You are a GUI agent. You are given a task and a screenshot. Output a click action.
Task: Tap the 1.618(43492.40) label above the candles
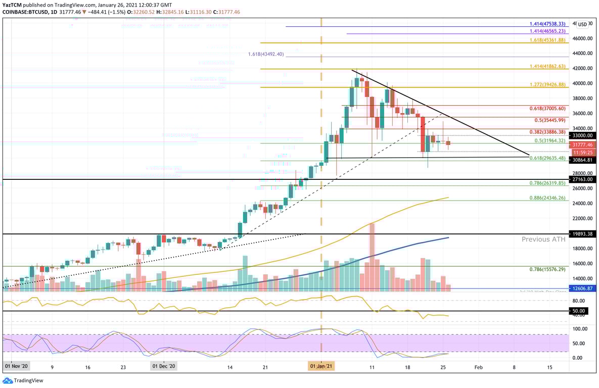coord(266,54)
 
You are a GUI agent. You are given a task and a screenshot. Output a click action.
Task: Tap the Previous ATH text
coord(544,239)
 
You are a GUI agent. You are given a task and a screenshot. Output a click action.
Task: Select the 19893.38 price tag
coord(583,234)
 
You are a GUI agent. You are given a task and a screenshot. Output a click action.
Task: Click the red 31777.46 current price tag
coord(583,144)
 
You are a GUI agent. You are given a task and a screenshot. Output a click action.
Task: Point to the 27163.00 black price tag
coord(583,179)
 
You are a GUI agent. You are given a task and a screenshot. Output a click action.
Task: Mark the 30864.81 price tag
coord(583,160)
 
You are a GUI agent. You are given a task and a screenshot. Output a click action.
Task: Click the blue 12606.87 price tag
coord(583,288)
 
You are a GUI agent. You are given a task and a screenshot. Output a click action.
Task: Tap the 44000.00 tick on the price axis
coord(583,53)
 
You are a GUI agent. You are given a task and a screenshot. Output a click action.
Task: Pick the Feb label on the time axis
coord(478,366)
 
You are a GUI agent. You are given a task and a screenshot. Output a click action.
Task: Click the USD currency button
coord(583,24)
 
